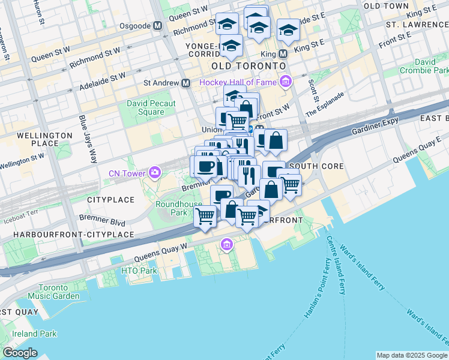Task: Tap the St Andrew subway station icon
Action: point(186,82)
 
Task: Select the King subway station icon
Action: point(283,53)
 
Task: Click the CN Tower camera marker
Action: point(155,174)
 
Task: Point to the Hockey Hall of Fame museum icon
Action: point(285,82)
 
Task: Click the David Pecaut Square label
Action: point(151,107)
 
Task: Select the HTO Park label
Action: point(139,271)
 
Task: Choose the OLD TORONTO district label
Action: point(248,65)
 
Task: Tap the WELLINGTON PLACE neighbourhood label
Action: point(37,139)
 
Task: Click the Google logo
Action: point(20,353)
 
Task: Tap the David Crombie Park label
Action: point(424,66)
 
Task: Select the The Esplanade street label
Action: point(325,104)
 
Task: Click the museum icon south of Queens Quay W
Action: point(227,244)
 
